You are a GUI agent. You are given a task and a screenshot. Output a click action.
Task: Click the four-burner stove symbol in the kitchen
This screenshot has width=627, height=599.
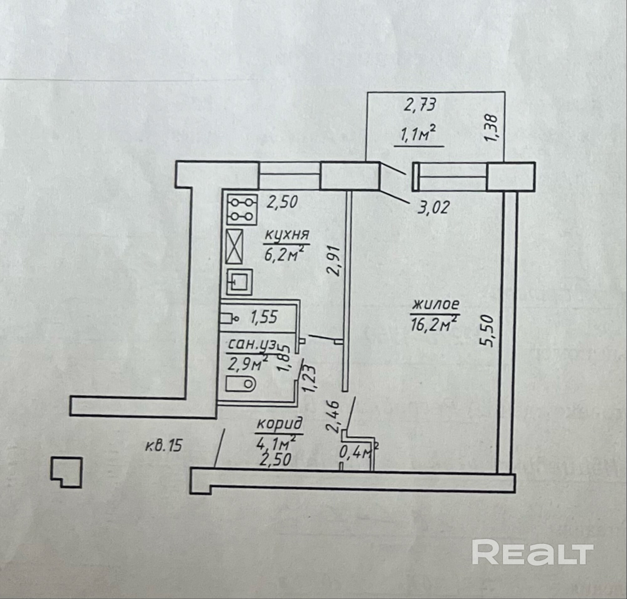pyautogui.click(x=242, y=209)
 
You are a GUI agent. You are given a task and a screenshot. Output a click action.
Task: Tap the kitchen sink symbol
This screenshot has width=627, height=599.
pyautogui.click(x=239, y=281)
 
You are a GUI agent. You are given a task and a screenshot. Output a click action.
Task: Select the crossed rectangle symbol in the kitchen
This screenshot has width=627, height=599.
pyautogui.click(x=235, y=246)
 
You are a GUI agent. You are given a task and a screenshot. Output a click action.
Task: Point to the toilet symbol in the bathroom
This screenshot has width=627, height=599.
pyautogui.click(x=240, y=384)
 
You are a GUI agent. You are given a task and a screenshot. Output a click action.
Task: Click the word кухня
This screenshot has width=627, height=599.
pyautogui.click(x=287, y=235)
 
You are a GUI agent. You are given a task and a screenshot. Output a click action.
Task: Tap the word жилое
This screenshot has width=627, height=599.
pyautogui.click(x=436, y=305)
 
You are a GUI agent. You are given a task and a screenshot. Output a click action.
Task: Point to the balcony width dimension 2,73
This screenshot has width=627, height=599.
pyautogui.click(x=420, y=105)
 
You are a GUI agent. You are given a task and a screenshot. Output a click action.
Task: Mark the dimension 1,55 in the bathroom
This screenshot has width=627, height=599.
pyautogui.click(x=264, y=318)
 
